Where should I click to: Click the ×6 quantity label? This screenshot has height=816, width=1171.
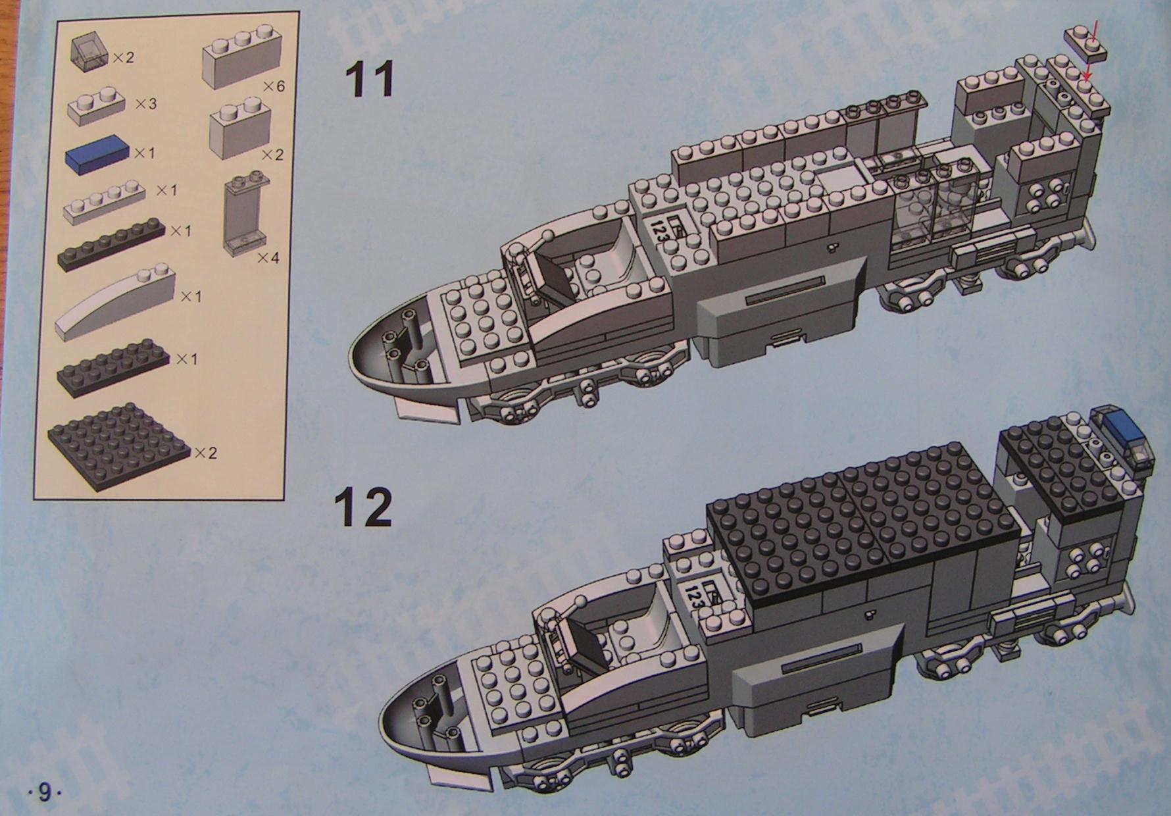click(273, 86)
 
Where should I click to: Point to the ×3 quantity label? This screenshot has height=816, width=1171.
click(146, 103)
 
